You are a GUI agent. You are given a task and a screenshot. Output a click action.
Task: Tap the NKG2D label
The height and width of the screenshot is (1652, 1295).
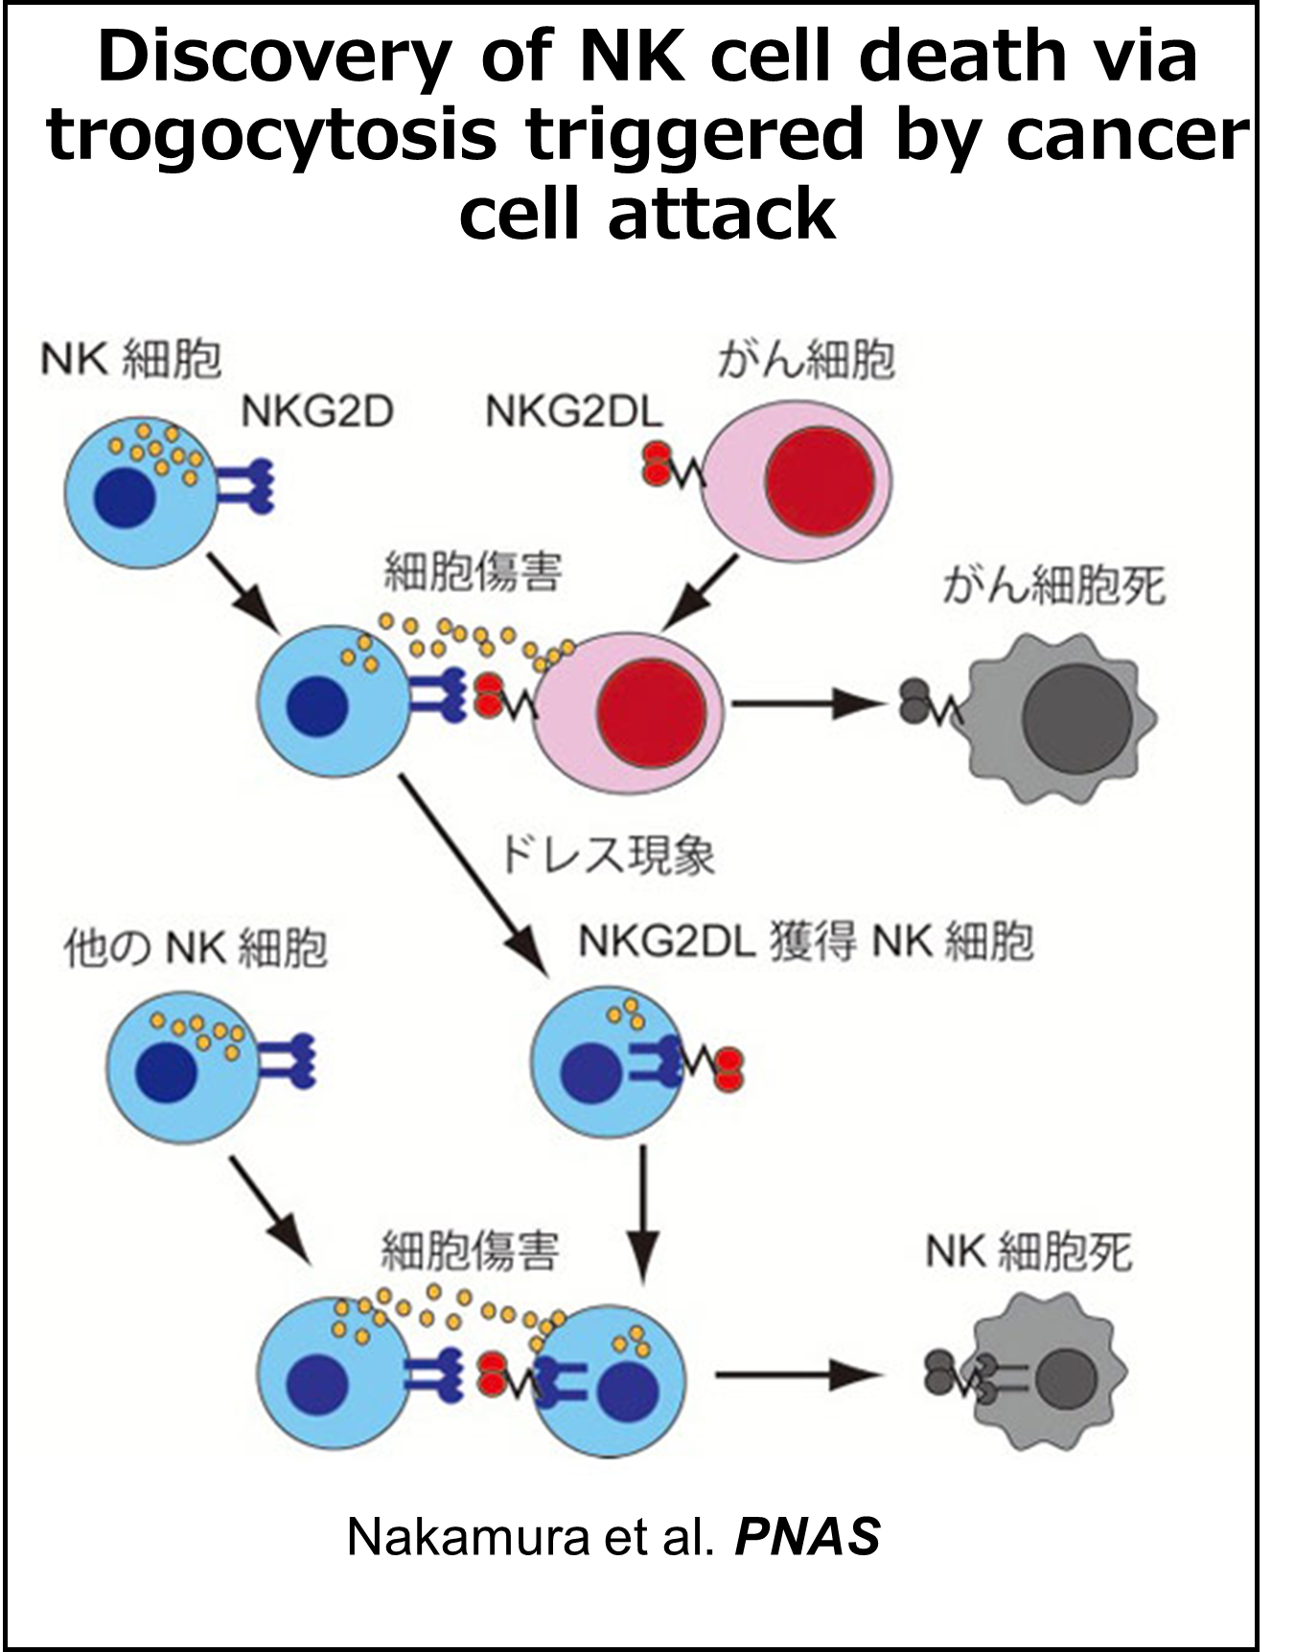[317, 412]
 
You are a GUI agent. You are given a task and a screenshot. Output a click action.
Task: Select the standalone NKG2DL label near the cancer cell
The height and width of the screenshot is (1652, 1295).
[574, 412]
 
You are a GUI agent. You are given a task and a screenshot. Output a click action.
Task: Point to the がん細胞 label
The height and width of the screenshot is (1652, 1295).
[805, 360]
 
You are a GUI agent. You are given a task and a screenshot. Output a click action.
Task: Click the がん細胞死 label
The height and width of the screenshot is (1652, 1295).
[1053, 585]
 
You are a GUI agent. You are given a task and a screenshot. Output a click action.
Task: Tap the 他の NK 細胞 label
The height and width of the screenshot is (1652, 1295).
[196, 948]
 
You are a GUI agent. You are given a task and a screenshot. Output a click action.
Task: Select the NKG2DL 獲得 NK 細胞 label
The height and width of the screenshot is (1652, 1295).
[805, 941]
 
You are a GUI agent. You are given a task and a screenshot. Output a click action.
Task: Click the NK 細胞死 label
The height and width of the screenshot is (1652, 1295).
[1029, 1252]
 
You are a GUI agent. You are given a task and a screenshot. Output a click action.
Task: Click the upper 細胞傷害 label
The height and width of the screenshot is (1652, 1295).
[473, 572]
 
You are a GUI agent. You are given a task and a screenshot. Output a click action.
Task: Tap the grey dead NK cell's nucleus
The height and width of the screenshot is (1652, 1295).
[1062, 1377]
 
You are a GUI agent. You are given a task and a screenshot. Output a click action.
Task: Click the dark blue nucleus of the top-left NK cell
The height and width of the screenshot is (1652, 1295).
[125, 498]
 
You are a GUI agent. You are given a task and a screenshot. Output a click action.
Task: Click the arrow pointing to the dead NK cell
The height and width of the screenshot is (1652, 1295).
[796, 1375]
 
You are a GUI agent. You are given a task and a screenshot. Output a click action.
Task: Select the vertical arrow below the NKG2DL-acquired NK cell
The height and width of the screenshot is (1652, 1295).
[642, 1212]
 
